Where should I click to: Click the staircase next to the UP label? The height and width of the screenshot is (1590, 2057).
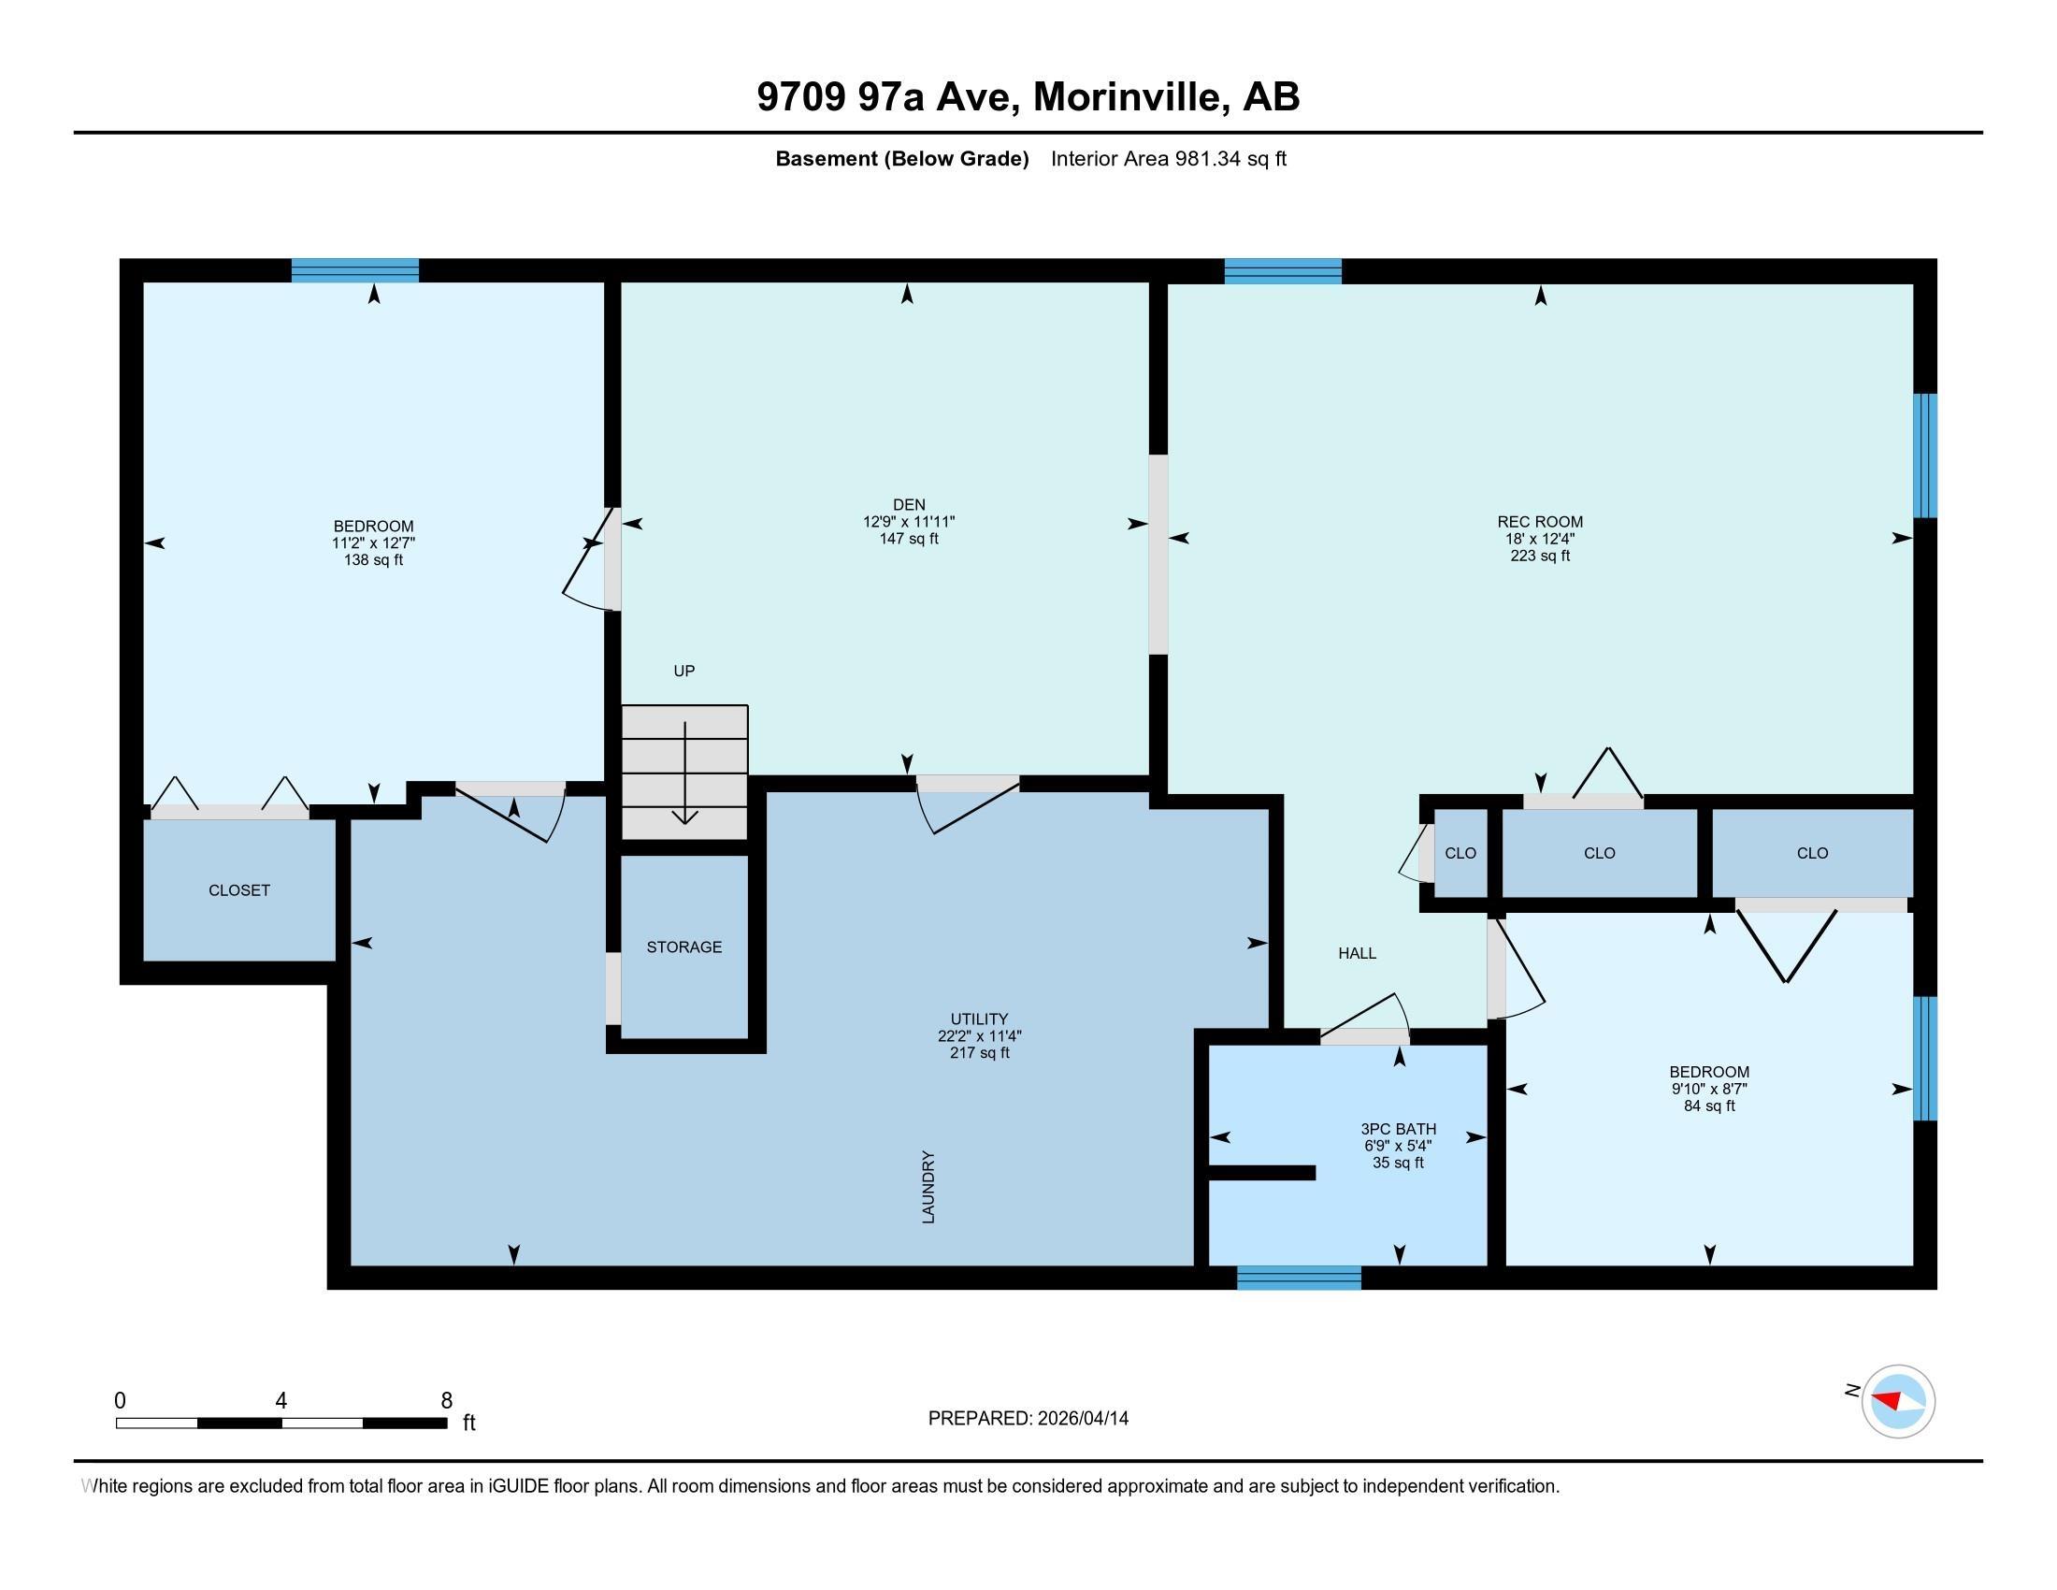click(x=684, y=772)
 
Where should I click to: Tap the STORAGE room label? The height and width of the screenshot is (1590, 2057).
click(x=683, y=947)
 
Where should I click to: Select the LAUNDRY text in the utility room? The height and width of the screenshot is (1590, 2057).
click(x=928, y=1187)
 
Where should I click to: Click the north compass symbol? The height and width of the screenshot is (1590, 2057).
click(x=1898, y=1402)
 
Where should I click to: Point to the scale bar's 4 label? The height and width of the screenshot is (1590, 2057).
click(x=280, y=1401)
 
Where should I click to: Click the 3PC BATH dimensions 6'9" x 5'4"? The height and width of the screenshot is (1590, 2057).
click(x=1399, y=1146)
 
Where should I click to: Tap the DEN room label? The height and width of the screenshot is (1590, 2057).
click(x=909, y=505)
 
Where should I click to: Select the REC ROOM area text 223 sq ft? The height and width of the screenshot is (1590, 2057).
click(x=1540, y=556)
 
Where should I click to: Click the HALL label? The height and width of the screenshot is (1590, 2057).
click(x=1358, y=953)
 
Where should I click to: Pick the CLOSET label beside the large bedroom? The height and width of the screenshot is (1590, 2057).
click(x=239, y=890)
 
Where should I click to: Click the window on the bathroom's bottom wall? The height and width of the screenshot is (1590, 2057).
click(x=1299, y=1279)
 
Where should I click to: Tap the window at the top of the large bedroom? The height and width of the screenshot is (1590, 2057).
click(x=355, y=270)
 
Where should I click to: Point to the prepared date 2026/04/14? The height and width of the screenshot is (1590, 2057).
click(x=1081, y=1419)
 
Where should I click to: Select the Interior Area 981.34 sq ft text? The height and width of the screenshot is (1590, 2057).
click(x=1168, y=158)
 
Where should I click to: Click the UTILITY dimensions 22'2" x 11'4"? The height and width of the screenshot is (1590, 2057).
click(x=980, y=1036)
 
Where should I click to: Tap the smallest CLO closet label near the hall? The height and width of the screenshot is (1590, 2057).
click(x=1460, y=853)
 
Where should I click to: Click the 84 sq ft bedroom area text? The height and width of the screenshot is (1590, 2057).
click(x=1709, y=1106)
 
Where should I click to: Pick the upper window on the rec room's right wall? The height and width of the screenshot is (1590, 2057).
click(x=1926, y=455)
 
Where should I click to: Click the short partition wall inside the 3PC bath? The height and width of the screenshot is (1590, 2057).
click(x=1262, y=1173)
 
